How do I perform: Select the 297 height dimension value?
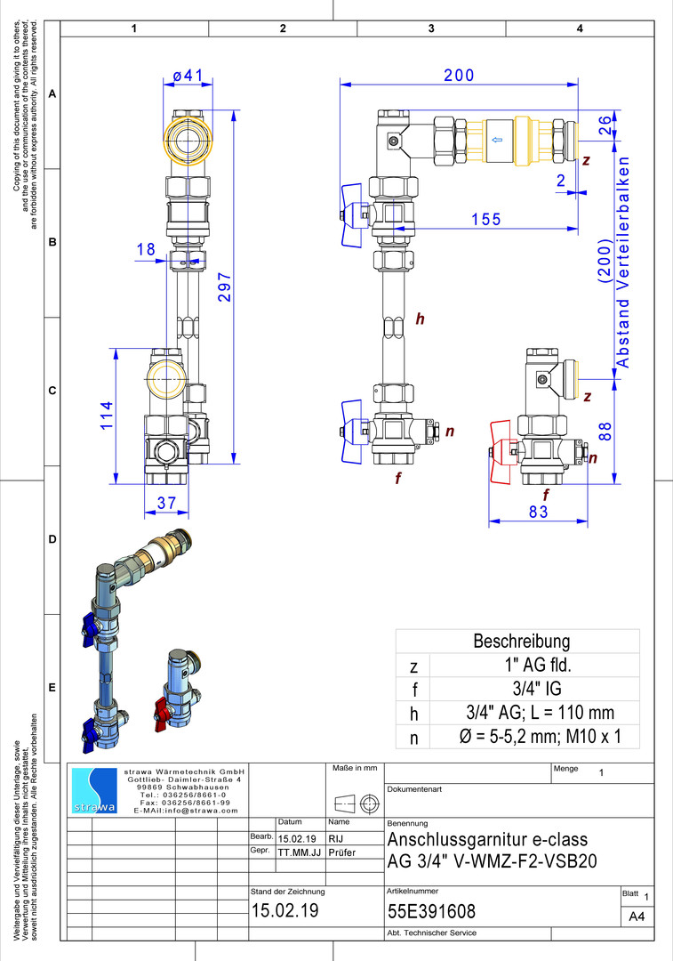pos(225,287)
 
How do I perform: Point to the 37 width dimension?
pos(166,503)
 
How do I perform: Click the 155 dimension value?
pos(485,219)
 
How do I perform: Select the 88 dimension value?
pos(605,432)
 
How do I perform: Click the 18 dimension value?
pos(146,250)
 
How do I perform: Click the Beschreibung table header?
pos(521,641)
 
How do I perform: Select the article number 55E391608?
pos(432,912)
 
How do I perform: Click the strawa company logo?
pos(93,790)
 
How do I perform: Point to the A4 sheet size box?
pos(636,917)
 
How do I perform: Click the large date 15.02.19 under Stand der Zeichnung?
pos(284,912)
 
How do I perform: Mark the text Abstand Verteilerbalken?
pos(623,262)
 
